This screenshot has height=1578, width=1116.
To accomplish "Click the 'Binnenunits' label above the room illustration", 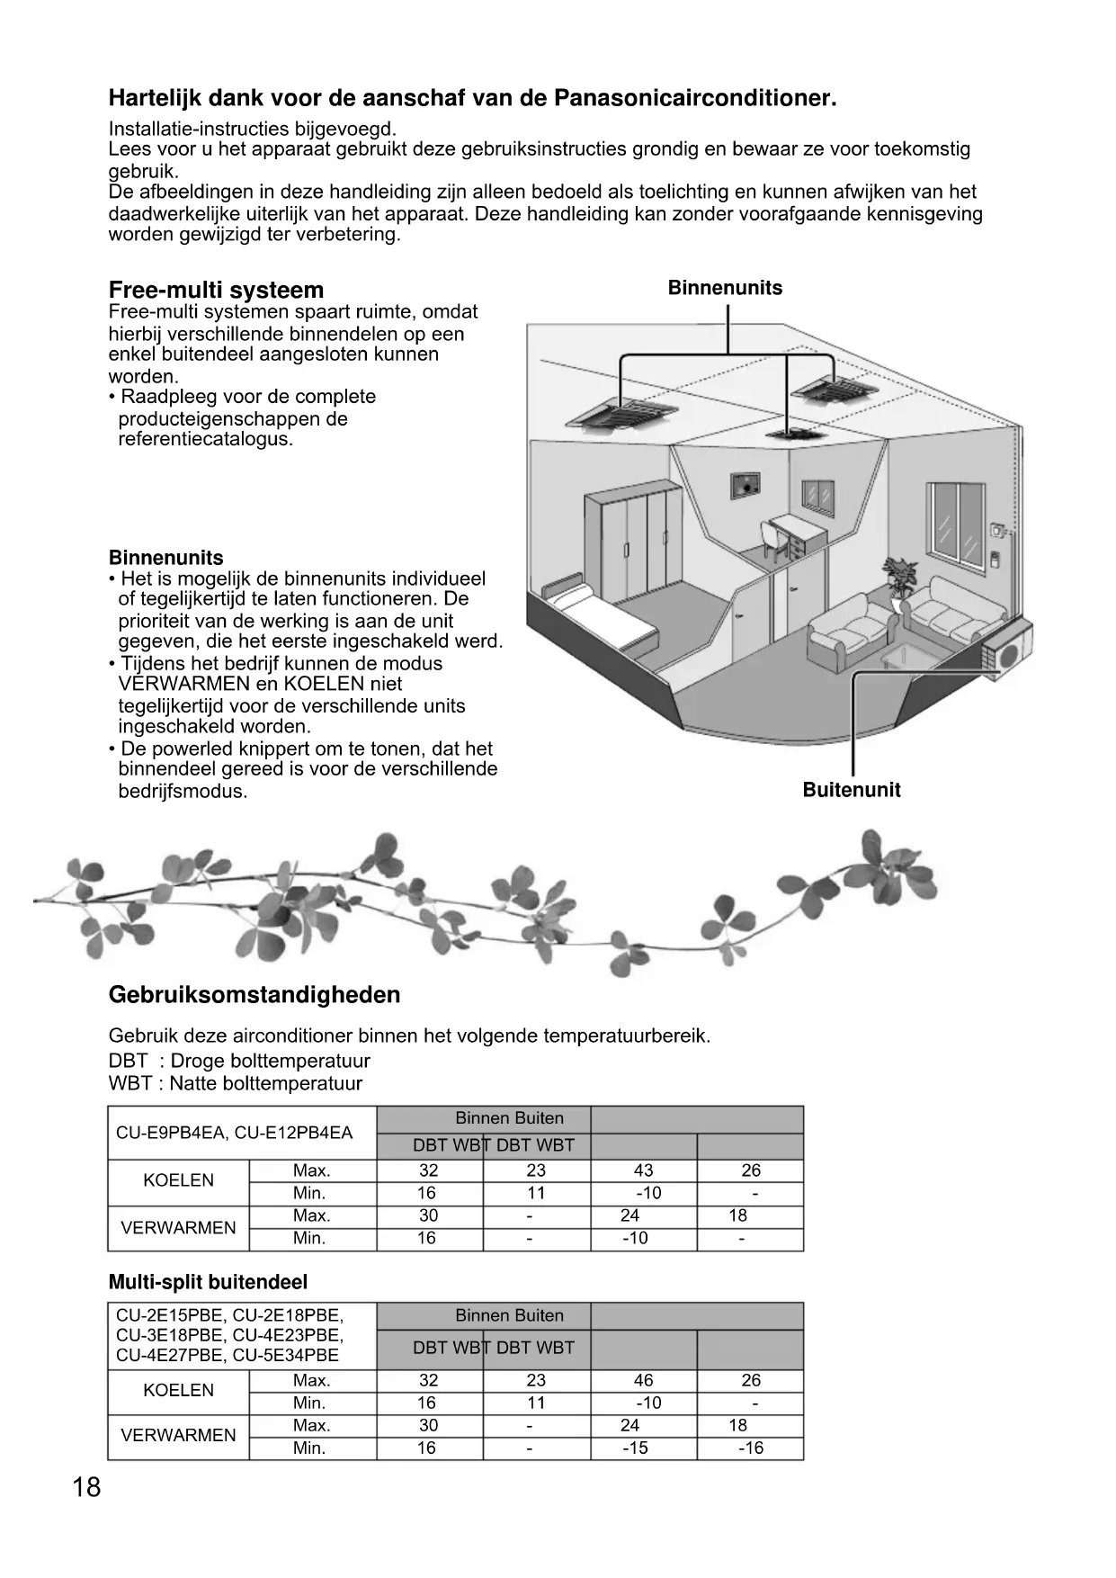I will [x=725, y=288].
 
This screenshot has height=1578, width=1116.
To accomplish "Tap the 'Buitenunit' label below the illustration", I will [x=851, y=790].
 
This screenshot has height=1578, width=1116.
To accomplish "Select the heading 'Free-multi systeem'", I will [x=216, y=290].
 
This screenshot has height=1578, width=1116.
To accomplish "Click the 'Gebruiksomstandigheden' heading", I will [x=254, y=995].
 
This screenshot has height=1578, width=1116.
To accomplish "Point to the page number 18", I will [x=86, y=1487].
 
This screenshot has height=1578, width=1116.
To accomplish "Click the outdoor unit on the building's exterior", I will [x=1009, y=646].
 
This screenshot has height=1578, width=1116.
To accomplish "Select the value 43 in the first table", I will [x=643, y=1170].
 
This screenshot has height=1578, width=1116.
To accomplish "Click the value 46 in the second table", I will [x=643, y=1380].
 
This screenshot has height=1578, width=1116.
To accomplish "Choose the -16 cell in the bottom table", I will [x=750, y=1448].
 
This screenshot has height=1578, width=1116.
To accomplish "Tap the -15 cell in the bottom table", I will [x=635, y=1448].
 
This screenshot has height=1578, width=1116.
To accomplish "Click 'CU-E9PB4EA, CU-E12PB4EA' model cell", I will [x=235, y=1133].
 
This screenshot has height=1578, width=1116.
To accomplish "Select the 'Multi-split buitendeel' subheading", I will [x=208, y=1282].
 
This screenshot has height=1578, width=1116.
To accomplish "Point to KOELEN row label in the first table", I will [x=178, y=1180].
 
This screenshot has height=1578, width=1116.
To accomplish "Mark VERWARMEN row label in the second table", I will [x=178, y=1435].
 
